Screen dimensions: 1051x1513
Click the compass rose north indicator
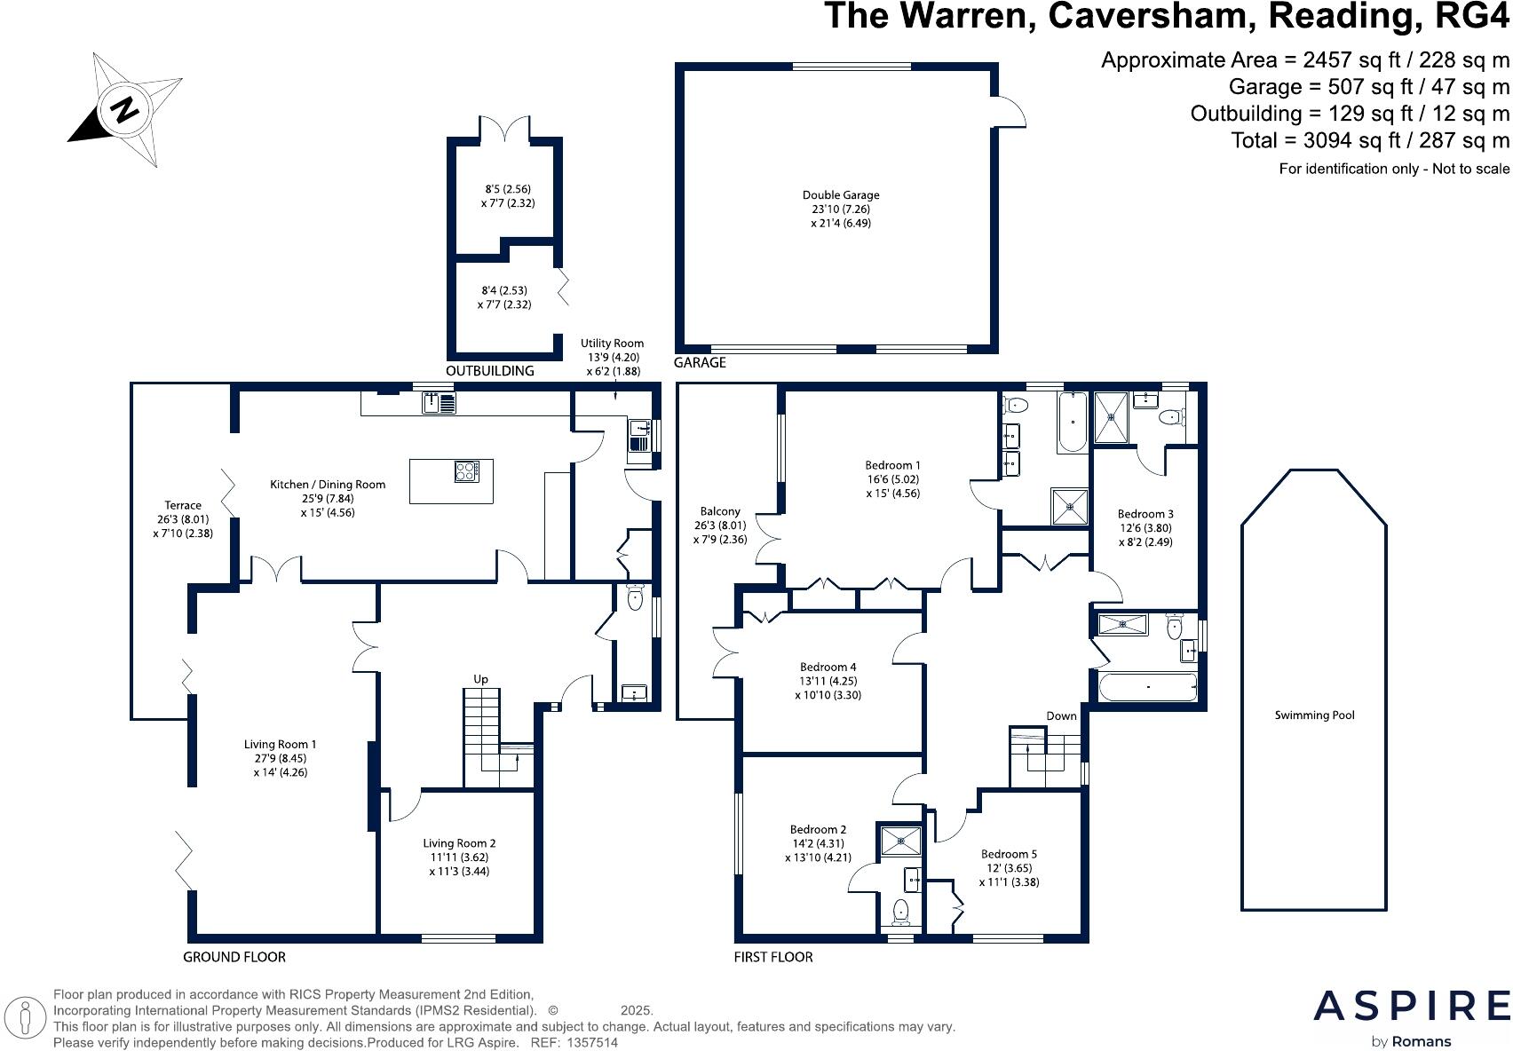tap(125, 110)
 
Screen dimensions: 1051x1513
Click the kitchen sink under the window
tap(440, 404)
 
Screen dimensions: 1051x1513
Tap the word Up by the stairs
tap(480, 679)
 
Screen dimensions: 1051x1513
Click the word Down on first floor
tap(1061, 715)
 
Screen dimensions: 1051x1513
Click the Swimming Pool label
tap(1314, 715)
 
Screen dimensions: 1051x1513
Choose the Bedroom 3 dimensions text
tap(1145, 534)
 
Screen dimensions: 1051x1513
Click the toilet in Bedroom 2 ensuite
tap(900, 911)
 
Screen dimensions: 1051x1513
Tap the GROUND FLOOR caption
tap(234, 957)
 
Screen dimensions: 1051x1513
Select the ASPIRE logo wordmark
tap(1412, 1007)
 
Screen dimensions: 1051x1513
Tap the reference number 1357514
tap(592, 1043)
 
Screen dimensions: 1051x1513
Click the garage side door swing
tap(1010, 111)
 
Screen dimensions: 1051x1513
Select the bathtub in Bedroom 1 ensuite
tap(1073, 423)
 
